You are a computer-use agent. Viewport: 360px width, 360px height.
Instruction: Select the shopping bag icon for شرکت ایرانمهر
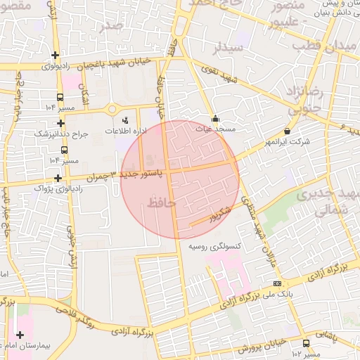coord(287,131)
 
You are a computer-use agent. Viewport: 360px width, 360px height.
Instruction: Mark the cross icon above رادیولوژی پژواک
coord(58,178)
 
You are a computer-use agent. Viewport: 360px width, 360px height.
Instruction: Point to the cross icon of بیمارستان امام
coord(20,335)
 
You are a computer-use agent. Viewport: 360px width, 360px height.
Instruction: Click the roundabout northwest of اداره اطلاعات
coord(111,109)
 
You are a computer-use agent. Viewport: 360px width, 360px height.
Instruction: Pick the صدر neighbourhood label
coord(112,26)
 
